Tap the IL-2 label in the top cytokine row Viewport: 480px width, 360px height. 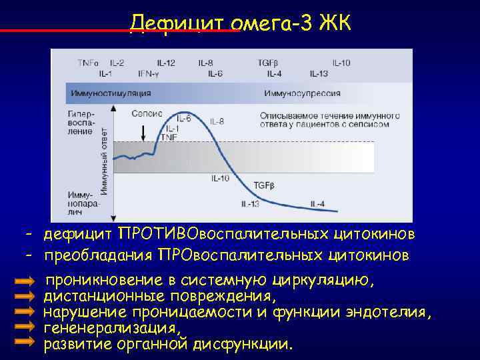(117, 63)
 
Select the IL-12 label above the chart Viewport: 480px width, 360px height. (167, 63)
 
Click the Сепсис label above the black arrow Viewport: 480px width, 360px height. (147, 114)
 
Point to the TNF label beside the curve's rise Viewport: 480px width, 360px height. (173, 137)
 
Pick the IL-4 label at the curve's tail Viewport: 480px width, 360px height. (317, 203)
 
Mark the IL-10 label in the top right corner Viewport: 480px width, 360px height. (340, 63)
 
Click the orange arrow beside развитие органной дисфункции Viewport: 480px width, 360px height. (24, 341)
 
